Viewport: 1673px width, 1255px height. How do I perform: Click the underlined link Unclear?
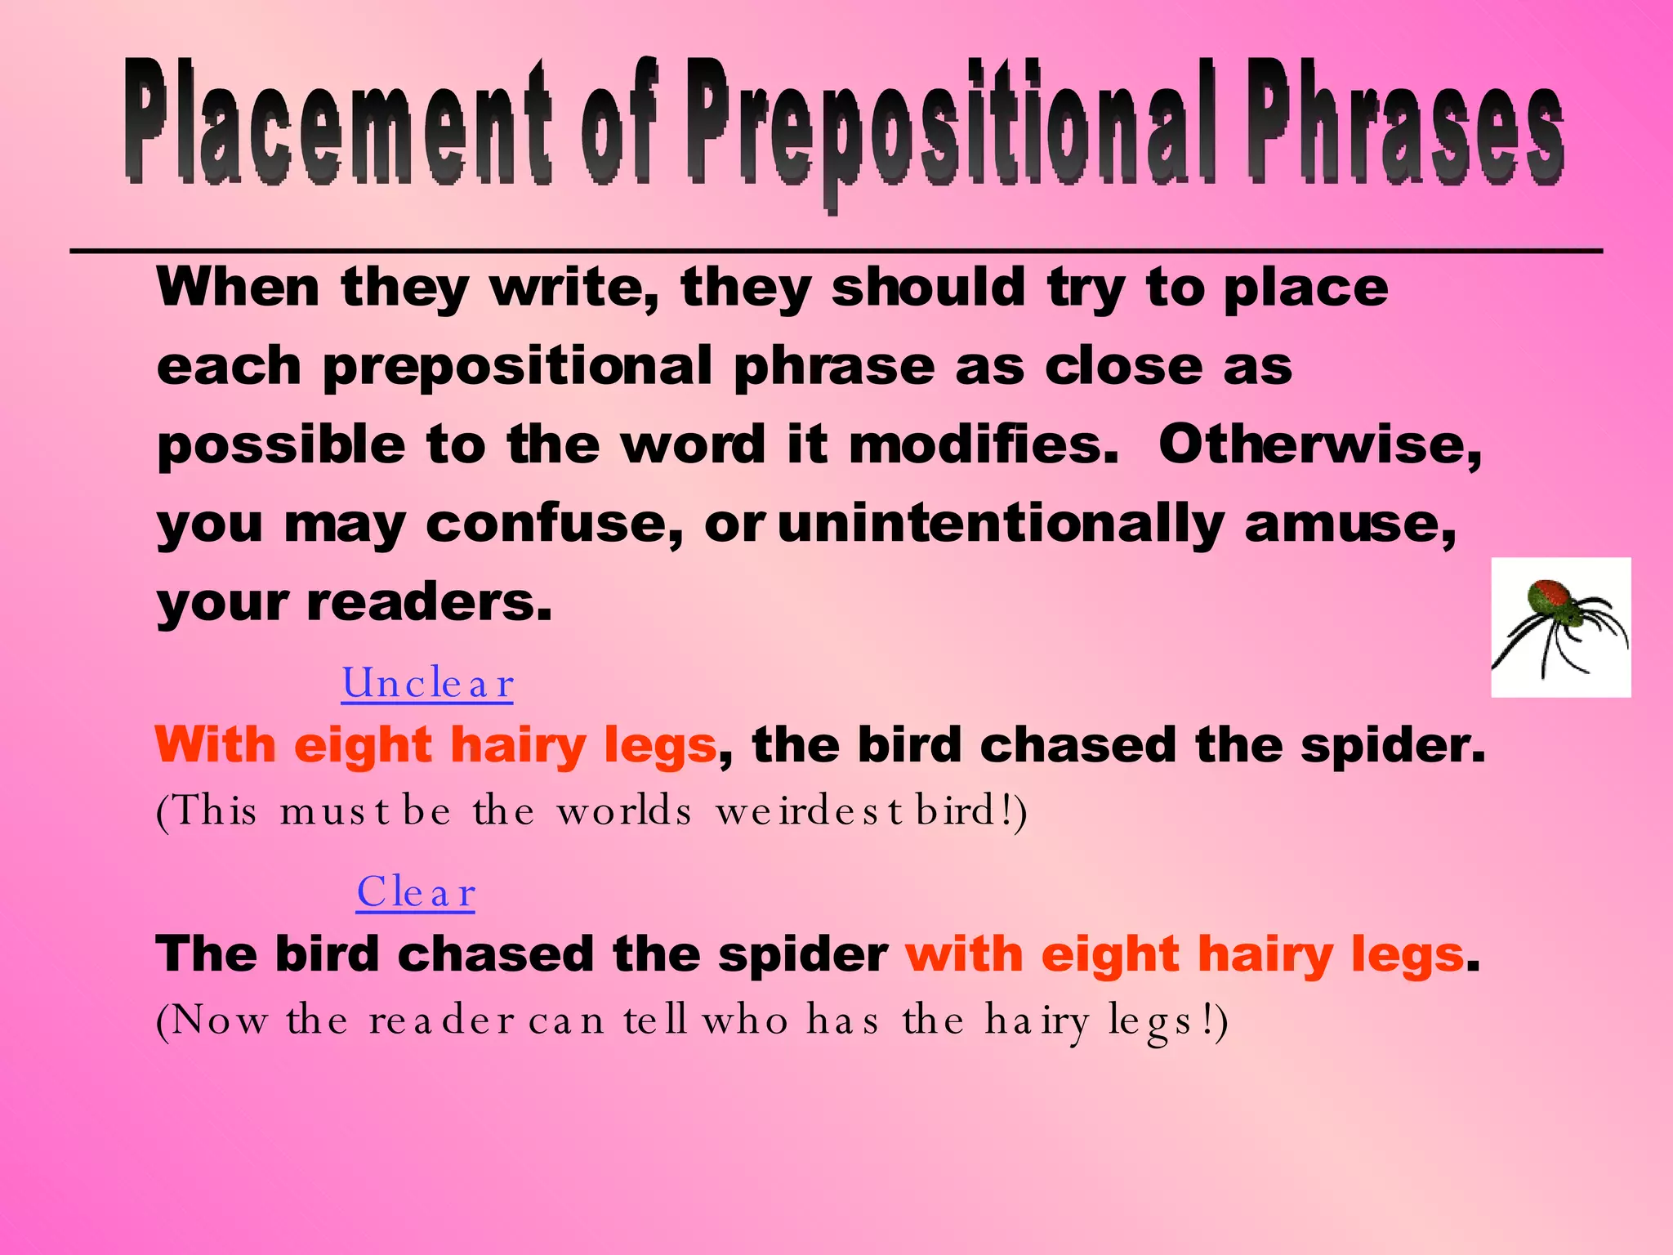coord(427,684)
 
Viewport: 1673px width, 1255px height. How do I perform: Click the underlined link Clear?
coord(416,893)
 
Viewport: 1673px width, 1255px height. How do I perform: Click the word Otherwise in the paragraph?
coord(1319,445)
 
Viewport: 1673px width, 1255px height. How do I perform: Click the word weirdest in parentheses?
coord(809,811)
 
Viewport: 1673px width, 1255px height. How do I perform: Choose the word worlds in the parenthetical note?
coord(624,811)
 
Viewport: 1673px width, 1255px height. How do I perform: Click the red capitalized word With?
coord(216,745)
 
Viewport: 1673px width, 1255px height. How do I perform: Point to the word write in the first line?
coord(573,288)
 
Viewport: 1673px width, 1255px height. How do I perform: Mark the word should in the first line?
coord(928,288)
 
